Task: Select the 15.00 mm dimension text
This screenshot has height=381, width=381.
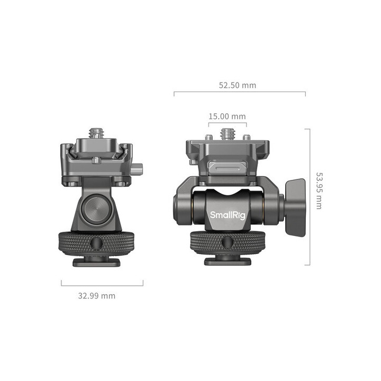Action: click(227, 116)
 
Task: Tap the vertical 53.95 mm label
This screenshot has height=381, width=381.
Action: click(319, 189)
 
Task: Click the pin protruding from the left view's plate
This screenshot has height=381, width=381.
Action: click(138, 170)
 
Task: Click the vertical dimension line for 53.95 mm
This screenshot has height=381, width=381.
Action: click(309, 196)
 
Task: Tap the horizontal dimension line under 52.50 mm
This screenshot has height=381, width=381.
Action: click(239, 93)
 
